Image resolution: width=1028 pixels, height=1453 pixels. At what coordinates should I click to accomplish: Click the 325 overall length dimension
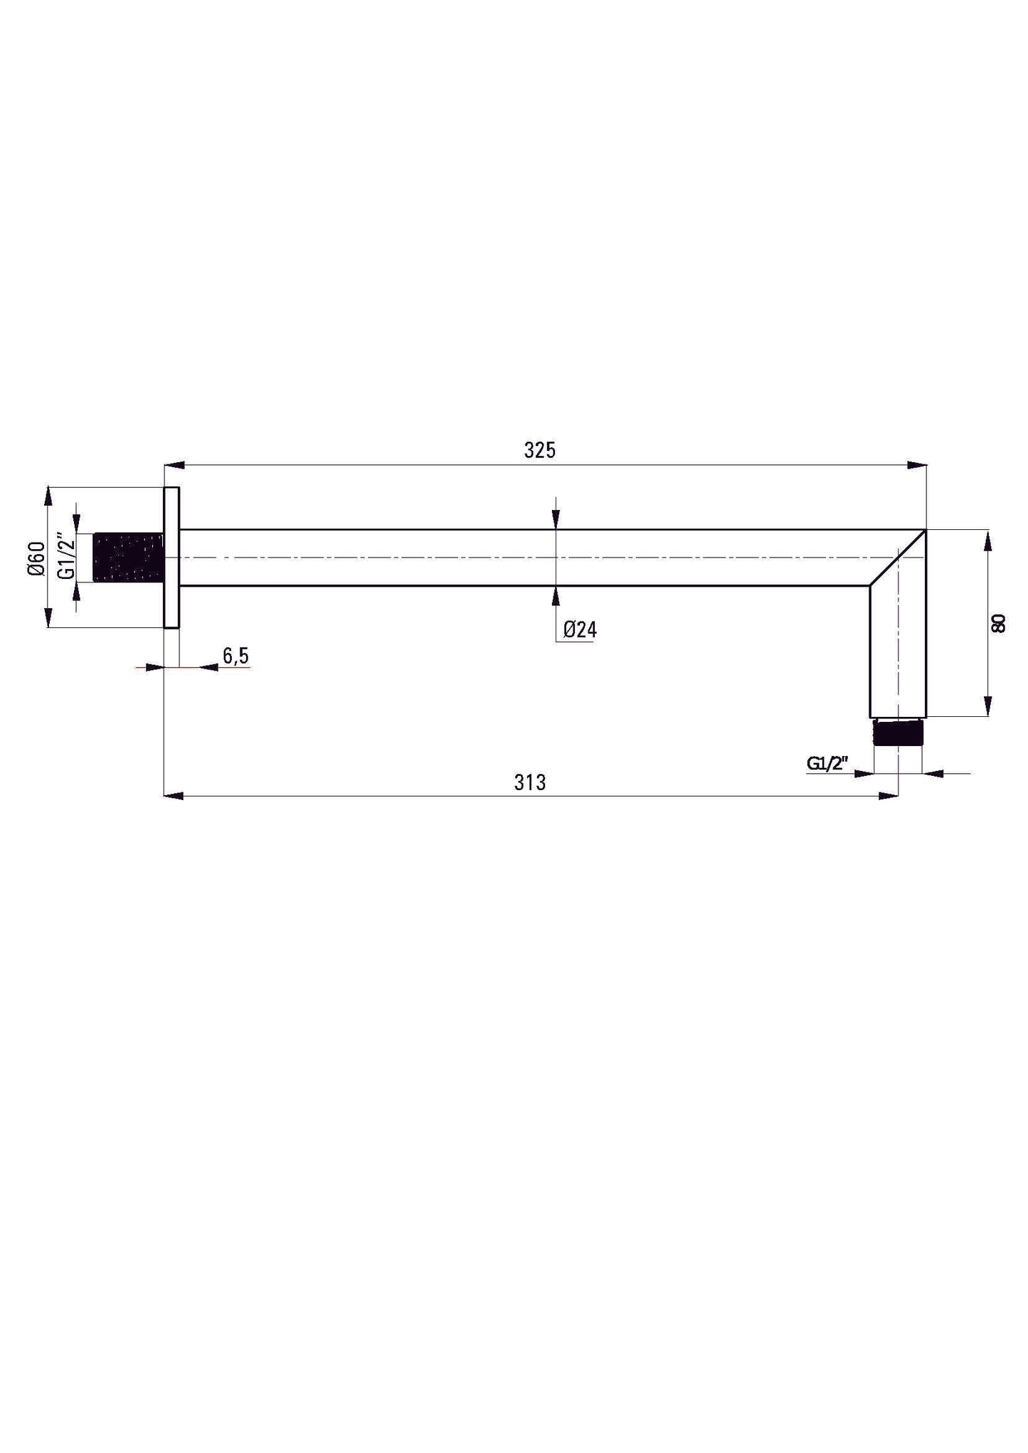(539, 450)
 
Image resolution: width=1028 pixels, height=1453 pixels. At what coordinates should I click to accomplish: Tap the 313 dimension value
(530, 782)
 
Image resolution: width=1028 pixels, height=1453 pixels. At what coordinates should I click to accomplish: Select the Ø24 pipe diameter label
(580, 629)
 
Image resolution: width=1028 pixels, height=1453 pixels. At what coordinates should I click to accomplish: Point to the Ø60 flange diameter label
(37, 558)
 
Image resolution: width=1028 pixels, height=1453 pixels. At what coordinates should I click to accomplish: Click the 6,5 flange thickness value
(235, 655)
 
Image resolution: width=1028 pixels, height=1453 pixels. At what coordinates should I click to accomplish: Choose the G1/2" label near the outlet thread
(828, 763)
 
